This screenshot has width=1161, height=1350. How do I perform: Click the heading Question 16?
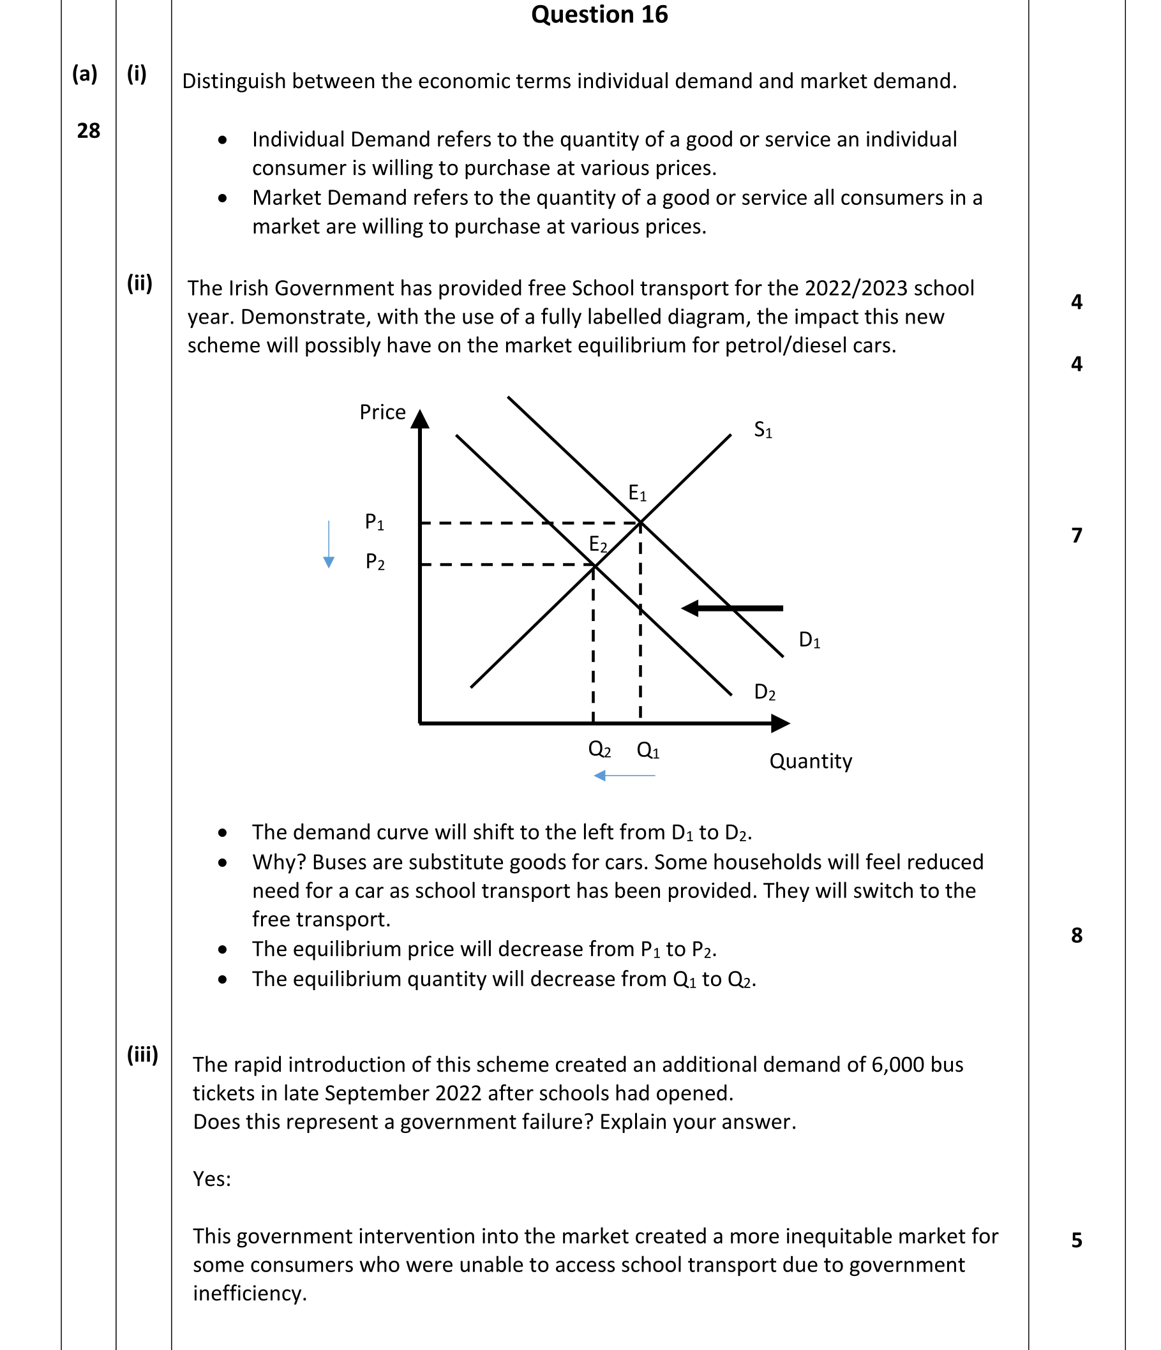[599, 14]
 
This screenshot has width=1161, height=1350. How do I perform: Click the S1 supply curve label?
[763, 430]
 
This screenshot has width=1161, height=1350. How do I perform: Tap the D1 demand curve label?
[809, 640]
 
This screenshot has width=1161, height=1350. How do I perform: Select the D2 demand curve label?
[764, 692]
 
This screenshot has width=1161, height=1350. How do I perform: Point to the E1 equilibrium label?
[637, 493]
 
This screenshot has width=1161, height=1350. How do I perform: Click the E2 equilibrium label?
[598, 544]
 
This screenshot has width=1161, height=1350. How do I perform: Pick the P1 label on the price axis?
[375, 523]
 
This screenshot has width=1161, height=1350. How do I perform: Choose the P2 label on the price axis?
[375, 562]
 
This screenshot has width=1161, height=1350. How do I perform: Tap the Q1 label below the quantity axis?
[648, 751]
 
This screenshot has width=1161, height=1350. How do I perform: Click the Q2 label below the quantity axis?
[599, 750]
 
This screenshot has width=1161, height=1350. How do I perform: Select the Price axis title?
[382, 412]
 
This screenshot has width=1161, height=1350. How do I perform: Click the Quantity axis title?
[811, 761]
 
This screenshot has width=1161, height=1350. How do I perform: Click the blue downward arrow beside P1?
[329, 544]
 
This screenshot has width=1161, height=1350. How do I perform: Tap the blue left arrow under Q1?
[625, 776]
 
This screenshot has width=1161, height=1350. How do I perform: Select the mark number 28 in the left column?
[89, 131]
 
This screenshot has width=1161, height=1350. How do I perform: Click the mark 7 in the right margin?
[1076, 536]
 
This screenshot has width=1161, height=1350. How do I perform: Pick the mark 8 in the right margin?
[1076, 936]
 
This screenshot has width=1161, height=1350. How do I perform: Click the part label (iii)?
[142, 1055]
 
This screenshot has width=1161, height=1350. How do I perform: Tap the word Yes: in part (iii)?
[212, 1180]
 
